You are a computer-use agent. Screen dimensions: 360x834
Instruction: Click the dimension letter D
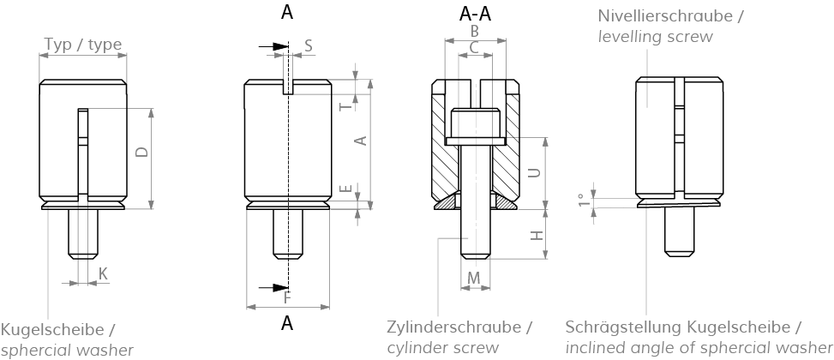(143, 152)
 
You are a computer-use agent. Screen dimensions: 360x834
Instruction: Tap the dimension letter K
(103, 273)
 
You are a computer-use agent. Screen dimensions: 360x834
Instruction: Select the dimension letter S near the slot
(309, 45)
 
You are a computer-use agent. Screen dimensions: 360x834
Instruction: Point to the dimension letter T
(345, 106)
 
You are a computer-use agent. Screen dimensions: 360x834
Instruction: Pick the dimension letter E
(345, 189)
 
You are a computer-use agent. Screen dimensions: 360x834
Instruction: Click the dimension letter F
(287, 297)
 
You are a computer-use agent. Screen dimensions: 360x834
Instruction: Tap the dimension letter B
(475, 31)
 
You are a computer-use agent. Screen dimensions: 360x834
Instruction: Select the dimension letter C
(475, 49)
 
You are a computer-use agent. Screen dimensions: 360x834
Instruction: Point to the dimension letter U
(533, 171)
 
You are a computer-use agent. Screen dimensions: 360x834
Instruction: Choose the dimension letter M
(474, 278)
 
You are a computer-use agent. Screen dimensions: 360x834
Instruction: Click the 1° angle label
(584, 200)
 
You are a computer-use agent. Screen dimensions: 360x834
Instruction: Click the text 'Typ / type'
(82, 45)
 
